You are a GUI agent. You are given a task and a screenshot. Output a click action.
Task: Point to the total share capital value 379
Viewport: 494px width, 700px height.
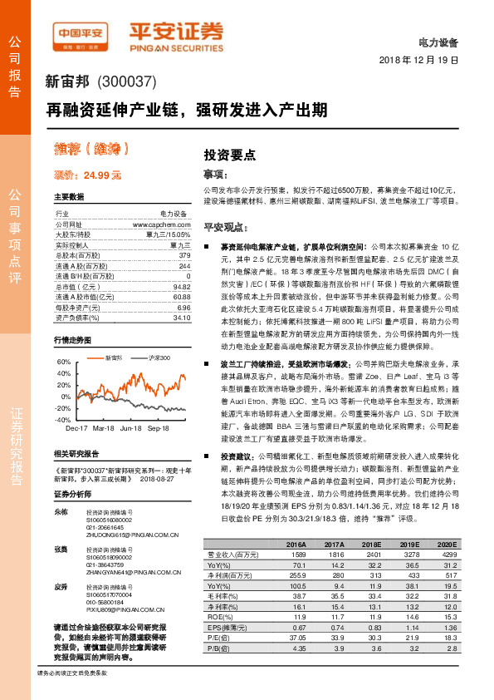click(x=184, y=256)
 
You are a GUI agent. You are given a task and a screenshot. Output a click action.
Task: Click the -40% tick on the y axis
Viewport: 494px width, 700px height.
click(x=63, y=421)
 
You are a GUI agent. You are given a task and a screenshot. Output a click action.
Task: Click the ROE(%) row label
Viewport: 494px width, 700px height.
click(x=218, y=616)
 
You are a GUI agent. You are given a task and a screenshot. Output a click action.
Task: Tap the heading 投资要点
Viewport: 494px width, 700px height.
click(x=230, y=155)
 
